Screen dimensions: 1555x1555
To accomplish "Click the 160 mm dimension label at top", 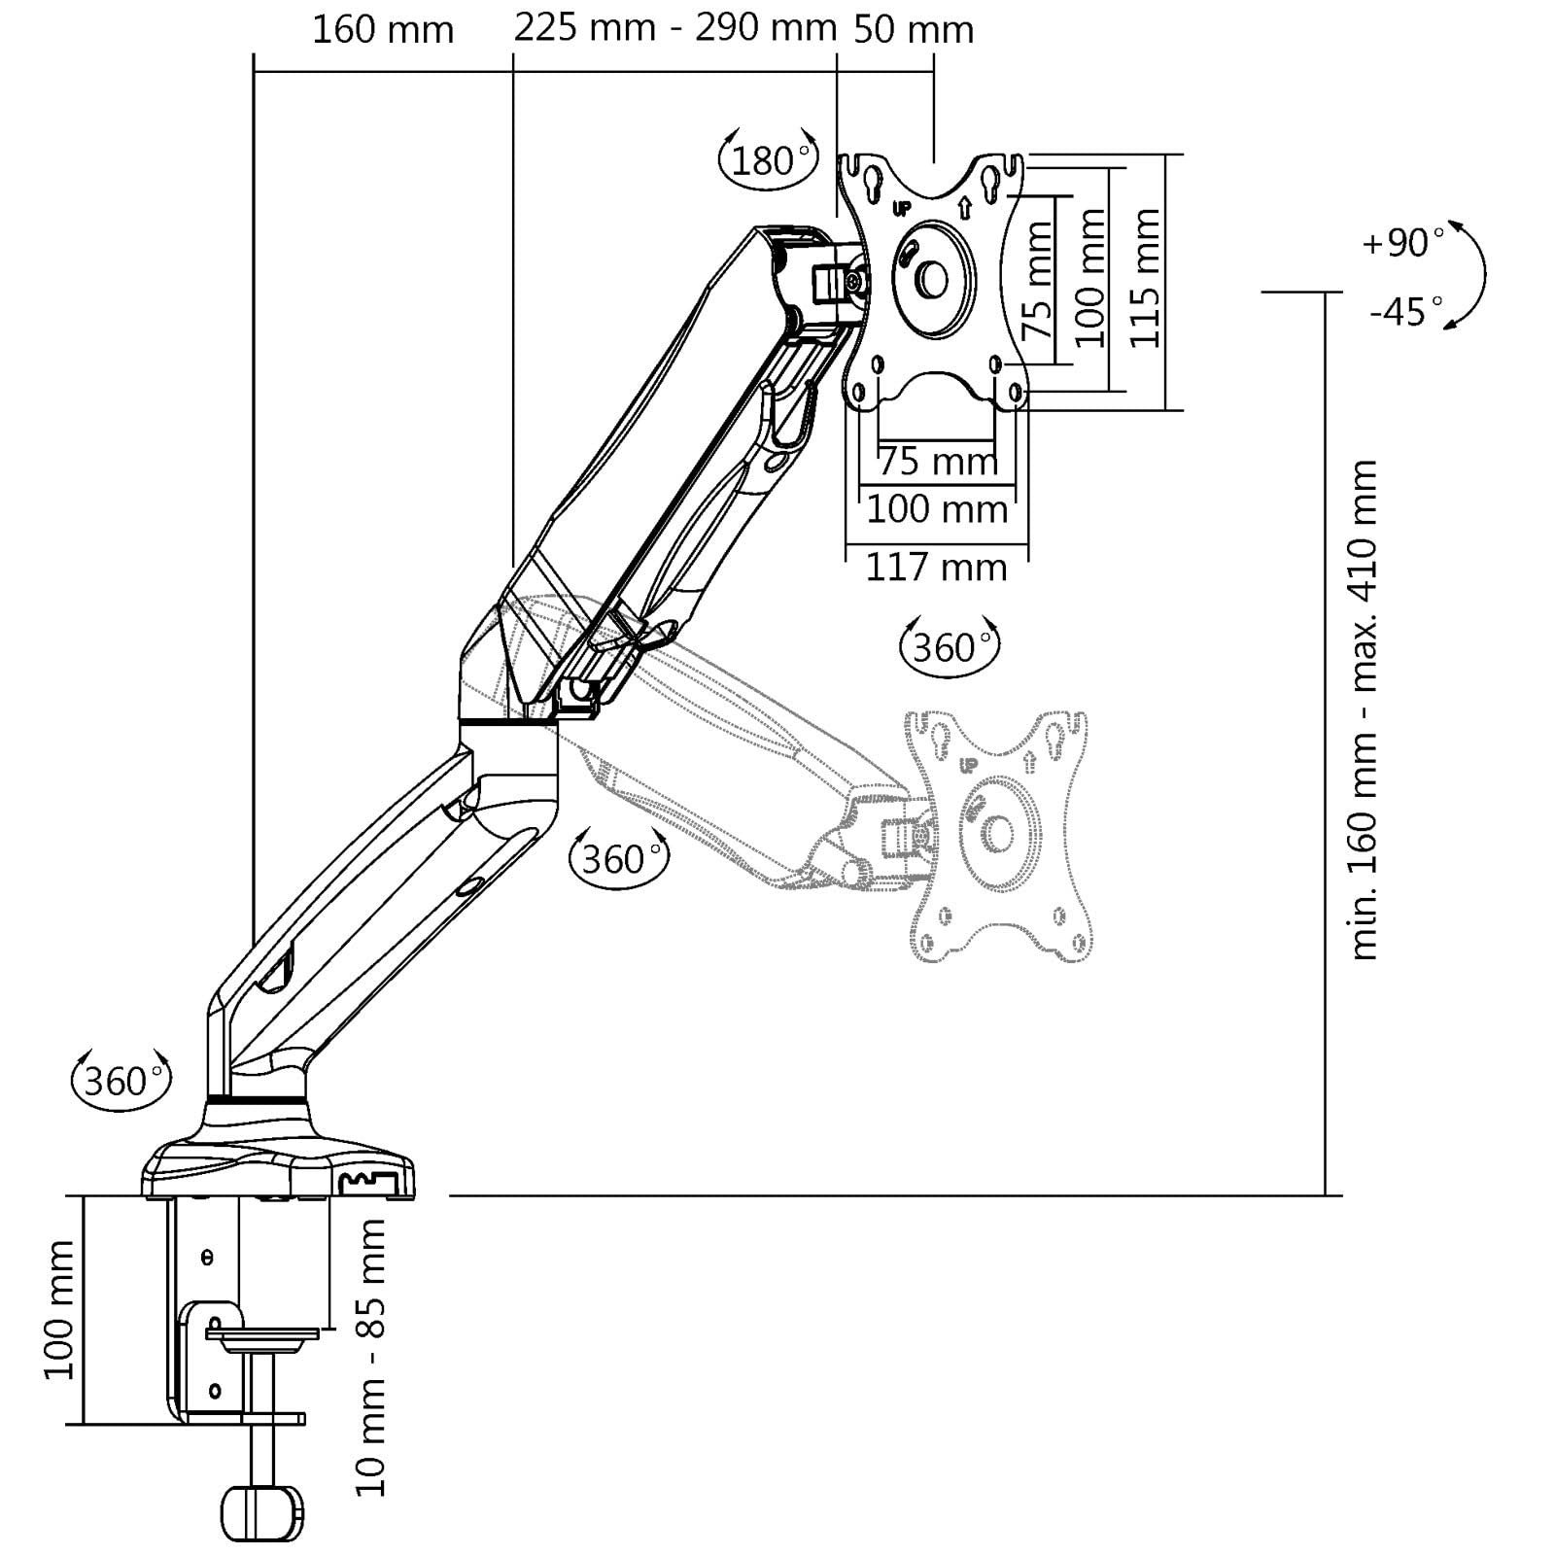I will pos(382,30).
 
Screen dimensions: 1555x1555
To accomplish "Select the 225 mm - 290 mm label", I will pos(674,28).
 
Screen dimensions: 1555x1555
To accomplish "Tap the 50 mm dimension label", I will pos(913,30).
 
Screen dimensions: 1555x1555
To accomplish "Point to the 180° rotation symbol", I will pos(768,158).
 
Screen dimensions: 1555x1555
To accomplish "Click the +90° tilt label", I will pos(1402,242).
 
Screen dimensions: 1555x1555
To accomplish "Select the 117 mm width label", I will pos(936,567).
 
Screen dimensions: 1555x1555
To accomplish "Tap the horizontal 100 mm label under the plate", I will pos(936,508).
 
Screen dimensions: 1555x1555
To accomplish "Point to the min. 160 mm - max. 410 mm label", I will pos(1365,710).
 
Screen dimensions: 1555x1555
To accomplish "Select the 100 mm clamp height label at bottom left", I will pos(59,1308).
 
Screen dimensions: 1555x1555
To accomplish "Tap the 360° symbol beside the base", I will pos(121,1080).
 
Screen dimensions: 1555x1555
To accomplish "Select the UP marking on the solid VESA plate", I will pos(901,208).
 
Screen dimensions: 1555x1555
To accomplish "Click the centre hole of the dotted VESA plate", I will pos(998,833).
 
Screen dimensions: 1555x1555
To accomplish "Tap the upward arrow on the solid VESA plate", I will pos(964,207).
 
